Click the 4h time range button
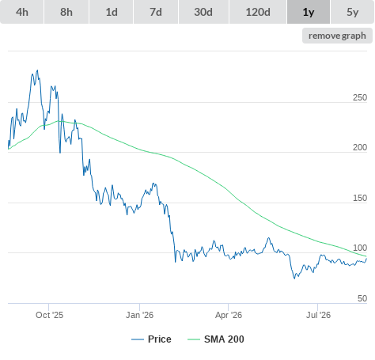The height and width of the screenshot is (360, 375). click(22, 12)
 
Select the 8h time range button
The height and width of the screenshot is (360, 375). click(66, 12)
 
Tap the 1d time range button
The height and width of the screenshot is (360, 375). click(112, 12)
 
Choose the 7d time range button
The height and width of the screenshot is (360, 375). click(156, 12)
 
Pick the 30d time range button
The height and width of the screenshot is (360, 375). click(203, 12)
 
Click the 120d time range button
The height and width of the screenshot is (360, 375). click(258, 12)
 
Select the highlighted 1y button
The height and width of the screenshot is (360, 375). click(309, 12)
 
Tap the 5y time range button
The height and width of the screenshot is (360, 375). click(353, 12)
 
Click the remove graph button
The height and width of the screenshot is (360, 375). click(337, 36)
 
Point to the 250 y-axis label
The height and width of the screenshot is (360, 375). click(360, 97)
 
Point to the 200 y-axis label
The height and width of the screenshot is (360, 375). click(360, 147)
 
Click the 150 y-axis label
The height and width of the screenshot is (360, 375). click(360, 198)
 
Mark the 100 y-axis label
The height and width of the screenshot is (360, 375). click(360, 248)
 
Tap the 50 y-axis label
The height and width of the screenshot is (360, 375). click(362, 298)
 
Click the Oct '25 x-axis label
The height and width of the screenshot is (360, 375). click(50, 315)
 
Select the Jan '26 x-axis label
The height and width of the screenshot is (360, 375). click(139, 315)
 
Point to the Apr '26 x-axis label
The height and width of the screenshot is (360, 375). click(229, 315)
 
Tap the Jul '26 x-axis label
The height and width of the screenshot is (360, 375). click(318, 315)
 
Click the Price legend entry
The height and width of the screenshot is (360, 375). click(151, 339)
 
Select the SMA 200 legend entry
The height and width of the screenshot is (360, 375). click(216, 339)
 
